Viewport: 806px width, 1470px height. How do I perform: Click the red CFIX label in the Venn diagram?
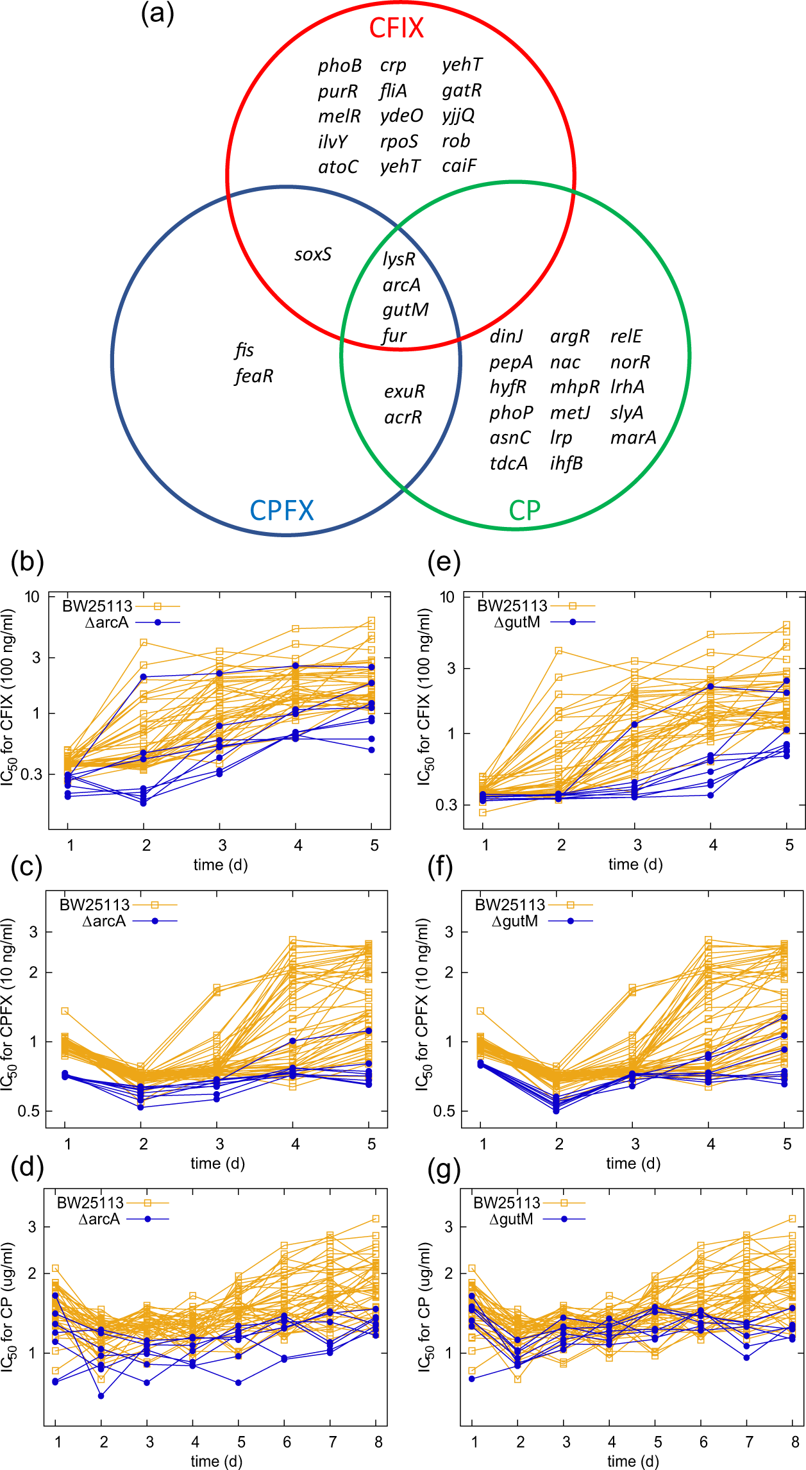click(x=396, y=28)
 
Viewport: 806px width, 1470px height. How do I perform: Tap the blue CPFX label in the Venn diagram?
click(x=281, y=510)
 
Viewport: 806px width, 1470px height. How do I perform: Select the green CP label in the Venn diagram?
click(x=524, y=510)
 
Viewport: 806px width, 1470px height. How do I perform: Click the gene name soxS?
click(x=313, y=255)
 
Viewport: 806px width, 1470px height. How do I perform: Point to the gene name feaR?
click(x=254, y=376)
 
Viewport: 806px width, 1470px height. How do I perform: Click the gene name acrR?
click(x=403, y=417)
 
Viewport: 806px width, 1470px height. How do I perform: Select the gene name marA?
click(x=633, y=437)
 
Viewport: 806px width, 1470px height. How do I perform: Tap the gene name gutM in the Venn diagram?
click(x=405, y=310)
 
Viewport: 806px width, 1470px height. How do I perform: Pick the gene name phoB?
click(x=339, y=66)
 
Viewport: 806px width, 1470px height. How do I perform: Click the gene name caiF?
click(x=459, y=166)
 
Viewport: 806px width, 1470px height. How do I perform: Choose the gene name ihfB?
click(x=566, y=463)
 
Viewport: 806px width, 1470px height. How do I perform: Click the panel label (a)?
click(x=158, y=13)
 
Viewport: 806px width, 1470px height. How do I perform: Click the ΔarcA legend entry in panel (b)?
click(x=107, y=622)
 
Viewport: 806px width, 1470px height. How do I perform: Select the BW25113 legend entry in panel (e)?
click(x=512, y=606)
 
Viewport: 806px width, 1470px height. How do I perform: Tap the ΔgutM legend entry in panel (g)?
click(x=511, y=1219)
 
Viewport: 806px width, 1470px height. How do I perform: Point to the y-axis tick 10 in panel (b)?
click(x=32, y=597)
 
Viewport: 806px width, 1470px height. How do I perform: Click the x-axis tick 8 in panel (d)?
click(x=378, y=1442)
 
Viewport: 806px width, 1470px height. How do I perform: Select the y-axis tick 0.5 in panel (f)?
click(x=443, y=1111)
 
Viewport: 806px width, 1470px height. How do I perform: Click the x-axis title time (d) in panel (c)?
click(x=217, y=1164)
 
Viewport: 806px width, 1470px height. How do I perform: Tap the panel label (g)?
click(x=444, y=1170)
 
